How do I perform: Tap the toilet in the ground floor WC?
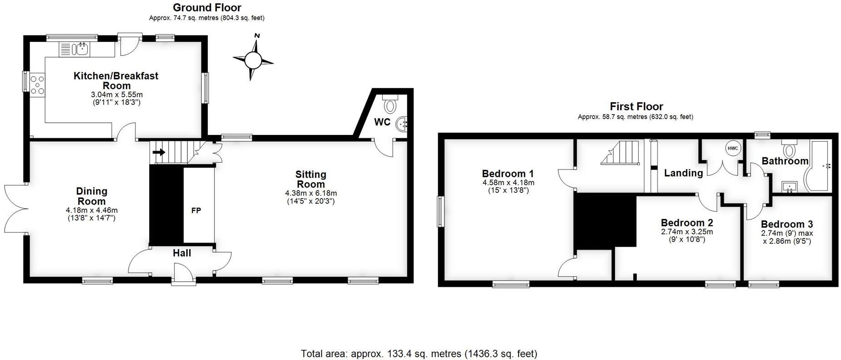(390, 105)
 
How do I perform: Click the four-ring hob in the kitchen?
(37, 85)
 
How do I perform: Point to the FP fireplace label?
(196, 210)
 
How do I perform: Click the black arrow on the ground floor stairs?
(159, 152)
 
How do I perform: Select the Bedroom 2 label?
(686, 223)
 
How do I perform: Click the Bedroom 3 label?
(786, 224)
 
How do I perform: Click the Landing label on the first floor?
(683, 173)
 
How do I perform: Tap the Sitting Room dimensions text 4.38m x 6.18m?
(311, 193)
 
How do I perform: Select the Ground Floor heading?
(207, 7)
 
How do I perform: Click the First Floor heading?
(636, 106)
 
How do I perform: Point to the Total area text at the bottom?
(419, 353)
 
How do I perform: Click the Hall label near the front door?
(182, 253)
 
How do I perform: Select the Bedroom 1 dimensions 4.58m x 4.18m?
(508, 183)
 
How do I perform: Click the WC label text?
(382, 122)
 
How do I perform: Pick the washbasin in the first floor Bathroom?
(789, 186)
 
